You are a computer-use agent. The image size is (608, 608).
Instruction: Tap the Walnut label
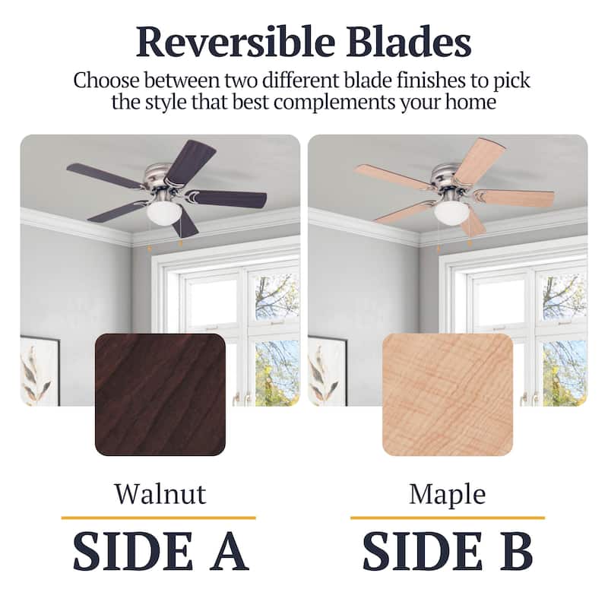coord(160,494)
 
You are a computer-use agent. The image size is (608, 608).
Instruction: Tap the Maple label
coord(447,494)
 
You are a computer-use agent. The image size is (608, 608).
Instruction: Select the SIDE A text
coord(160,552)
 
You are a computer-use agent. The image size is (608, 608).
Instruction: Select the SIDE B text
coord(447,552)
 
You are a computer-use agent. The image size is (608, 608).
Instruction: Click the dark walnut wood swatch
coord(160,394)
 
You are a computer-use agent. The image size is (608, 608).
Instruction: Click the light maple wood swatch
coord(448,394)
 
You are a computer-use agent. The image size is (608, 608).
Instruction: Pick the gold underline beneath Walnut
coord(158,518)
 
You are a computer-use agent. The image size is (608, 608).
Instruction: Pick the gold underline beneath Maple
coord(447,518)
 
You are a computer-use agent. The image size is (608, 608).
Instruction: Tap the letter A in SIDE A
coord(227,552)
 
